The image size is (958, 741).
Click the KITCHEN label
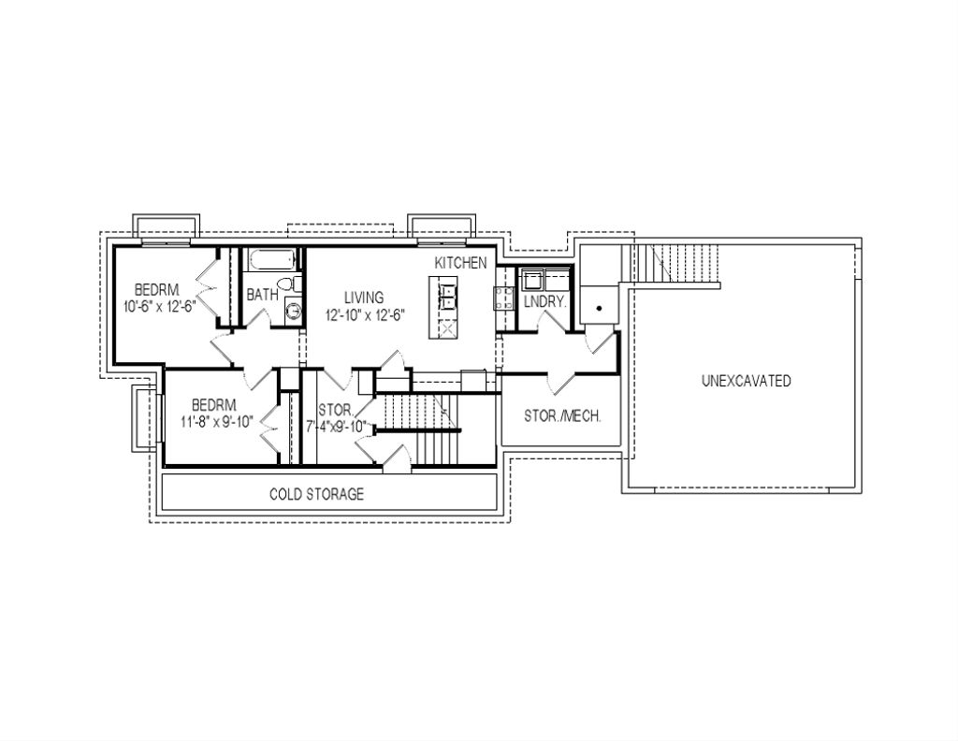[460, 263]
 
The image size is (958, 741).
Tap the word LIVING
[365, 298]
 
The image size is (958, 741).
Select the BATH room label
[262, 295]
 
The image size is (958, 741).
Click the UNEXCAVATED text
[746, 381]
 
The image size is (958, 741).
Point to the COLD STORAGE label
[316, 494]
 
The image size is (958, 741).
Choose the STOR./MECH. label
[561, 416]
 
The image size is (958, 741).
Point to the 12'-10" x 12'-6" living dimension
[365, 315]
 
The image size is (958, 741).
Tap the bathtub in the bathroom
[271, 259]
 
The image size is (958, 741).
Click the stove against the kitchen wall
[502, 298]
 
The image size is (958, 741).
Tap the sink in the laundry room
[535, 280]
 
